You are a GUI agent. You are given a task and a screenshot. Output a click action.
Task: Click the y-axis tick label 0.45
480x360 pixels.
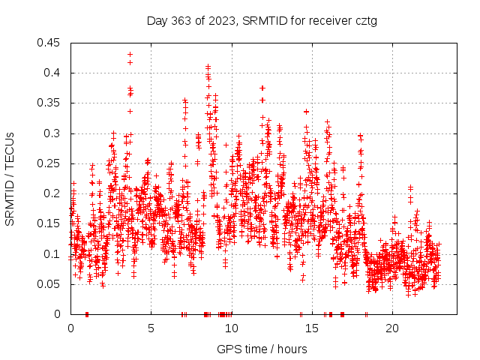tap(50, 43)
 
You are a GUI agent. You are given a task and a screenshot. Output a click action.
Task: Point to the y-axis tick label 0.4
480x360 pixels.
tap(53, 73)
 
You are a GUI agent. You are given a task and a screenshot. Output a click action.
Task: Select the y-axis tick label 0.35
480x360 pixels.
tap(50, 103)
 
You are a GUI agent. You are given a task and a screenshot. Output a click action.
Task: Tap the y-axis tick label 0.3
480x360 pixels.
tap(53, 133)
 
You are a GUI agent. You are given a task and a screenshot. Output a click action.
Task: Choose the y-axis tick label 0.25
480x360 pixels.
tap(50, 163)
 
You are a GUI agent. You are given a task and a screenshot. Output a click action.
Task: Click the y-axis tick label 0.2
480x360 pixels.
tap(53, 193)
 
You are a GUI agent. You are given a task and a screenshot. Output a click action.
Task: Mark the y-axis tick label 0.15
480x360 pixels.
tap(50, 223)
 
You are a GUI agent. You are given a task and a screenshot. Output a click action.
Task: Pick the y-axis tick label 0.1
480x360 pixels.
tap(53, 253)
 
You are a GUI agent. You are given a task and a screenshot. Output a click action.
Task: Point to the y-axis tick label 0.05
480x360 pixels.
tap(50, 284)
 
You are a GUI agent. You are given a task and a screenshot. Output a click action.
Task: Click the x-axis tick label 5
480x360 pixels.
tap(151, 328)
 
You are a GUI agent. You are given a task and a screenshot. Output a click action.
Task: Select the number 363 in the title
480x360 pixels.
tap(180, 21)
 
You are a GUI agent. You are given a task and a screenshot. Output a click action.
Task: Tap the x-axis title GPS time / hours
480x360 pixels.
tap(262, 349)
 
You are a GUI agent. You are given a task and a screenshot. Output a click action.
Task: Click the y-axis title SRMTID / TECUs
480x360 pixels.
tap(10, 178)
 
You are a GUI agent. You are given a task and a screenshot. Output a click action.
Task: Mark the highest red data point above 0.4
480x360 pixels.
tap(130, 54)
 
